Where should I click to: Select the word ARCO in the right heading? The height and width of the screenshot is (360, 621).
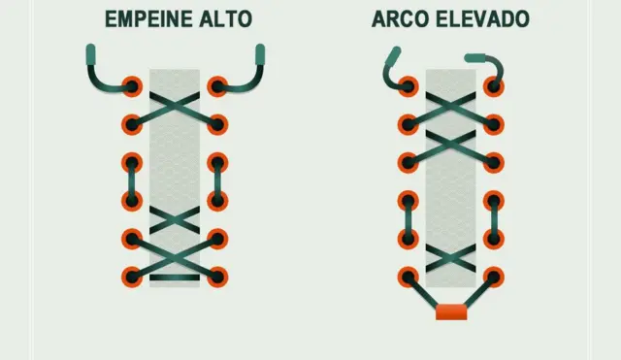pos(396,19)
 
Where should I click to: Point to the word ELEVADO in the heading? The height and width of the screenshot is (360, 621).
pos(477,19)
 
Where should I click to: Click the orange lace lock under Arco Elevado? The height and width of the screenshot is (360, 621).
pos(451,311)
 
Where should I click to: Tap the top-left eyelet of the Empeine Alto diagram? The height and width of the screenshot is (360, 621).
pos(132,85)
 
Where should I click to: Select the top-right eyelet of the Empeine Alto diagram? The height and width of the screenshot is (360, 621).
pos(217,85)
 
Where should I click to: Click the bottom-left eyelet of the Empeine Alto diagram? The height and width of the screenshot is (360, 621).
pos(132,277)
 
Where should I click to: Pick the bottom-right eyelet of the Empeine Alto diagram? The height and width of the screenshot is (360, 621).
pos(217,277)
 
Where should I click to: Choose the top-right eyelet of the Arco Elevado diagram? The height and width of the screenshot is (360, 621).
pos(495,85)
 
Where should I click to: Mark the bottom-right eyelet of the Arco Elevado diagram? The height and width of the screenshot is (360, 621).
pos(495,277)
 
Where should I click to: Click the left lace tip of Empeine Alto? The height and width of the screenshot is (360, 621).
pos(90,54)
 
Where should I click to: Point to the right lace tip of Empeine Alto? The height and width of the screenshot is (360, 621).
pos(260,54)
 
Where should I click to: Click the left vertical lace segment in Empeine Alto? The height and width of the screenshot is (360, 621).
pos(132,181)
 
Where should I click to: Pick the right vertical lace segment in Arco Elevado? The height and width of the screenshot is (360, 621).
pos(495,219)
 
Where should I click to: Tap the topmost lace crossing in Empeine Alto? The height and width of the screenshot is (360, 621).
pos(175,105)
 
